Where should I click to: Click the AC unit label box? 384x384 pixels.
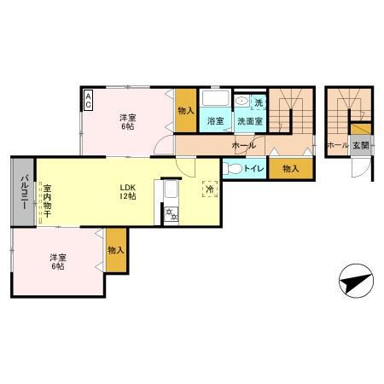click(88, 101)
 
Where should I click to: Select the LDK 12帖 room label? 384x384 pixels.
click(128, 191)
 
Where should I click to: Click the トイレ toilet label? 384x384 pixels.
click(253, 168)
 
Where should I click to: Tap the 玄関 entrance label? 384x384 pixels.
click(360, 145)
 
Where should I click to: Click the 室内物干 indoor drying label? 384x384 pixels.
click(48, 201)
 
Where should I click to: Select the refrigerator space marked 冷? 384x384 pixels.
click(209, 189)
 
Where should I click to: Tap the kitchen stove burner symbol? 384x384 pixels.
click(172, 214)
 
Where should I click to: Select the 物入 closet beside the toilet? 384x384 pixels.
click(290, 168)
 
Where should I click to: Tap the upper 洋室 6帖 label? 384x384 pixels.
click(126, 121)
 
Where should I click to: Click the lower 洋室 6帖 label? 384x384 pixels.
click(56, 261)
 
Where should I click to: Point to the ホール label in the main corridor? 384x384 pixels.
click(243, 146)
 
